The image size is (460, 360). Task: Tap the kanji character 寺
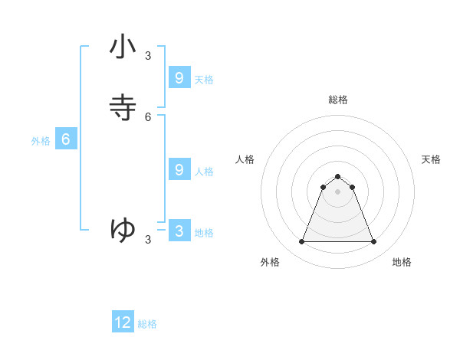coord(123,108)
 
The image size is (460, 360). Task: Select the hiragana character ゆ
coord(123,229)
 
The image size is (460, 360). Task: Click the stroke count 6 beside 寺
coord(148,117)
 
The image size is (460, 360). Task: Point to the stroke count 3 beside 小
coord(148,55)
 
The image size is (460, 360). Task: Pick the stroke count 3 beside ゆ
coord(148,240)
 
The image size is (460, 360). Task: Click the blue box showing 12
coord(123,322)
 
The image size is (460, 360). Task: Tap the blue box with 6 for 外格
coord(66,139)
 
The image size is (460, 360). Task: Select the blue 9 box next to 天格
coord(179,77)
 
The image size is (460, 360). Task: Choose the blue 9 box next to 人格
coord(179,169)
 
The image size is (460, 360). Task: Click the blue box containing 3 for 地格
coord(179,231)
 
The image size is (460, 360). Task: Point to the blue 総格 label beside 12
coord(147,324)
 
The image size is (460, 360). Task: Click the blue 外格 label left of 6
coord(41,141)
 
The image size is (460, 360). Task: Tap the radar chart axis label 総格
coord(338,100)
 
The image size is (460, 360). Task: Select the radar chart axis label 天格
coord(431,159)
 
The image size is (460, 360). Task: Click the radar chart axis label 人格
coord(245,159)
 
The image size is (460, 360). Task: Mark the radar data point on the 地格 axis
coord(373,242)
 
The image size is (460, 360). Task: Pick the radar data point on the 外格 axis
coord(301,242)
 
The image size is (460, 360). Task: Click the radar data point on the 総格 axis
coord(337,176)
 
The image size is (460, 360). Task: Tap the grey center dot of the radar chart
coord(337,191)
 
